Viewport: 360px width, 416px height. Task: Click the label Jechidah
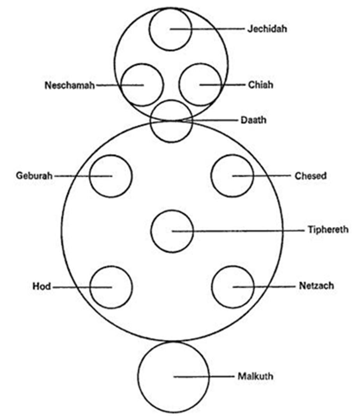pos(267,29)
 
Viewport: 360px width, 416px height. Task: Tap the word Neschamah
pos(70,85)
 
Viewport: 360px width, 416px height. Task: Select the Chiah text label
pos(260,85)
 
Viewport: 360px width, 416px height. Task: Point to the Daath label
pos(253,120)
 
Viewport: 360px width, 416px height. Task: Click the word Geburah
pos(34,175)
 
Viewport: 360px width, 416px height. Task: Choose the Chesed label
pos(311,176)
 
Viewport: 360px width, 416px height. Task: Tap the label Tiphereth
pos(328,229)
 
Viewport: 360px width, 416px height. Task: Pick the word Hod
pos(42,287)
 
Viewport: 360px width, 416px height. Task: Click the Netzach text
pos(316,286)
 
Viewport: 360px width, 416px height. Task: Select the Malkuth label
pos(255,376)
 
